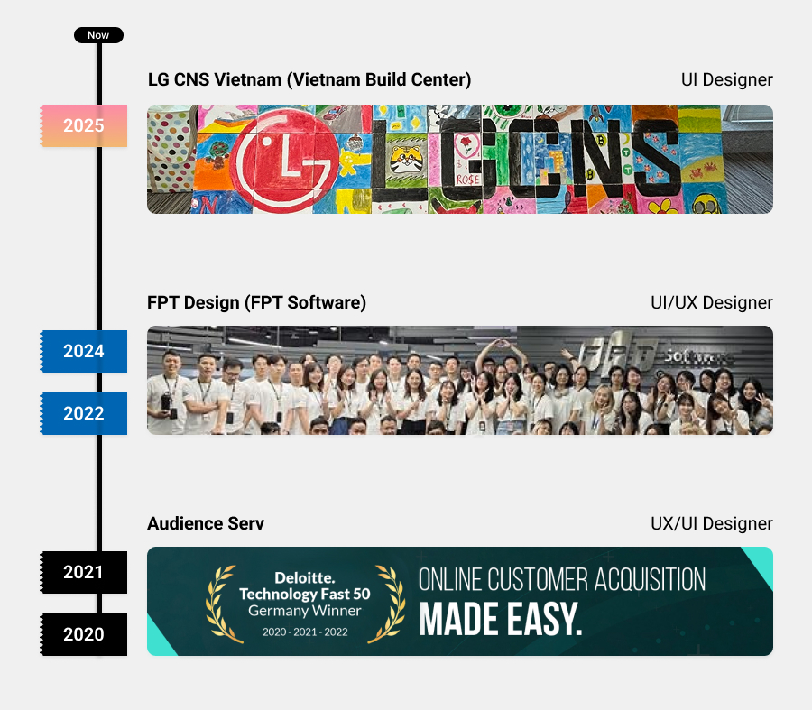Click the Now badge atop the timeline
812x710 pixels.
click(x=98, y=35)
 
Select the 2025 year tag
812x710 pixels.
click(x=84, y=125)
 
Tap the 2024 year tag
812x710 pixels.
click(x=84, y=351)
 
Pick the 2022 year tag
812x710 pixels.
click(x=84, y=413)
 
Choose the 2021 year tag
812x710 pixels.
click(x=84, y=572)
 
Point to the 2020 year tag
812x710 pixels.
click(x=84, y=634)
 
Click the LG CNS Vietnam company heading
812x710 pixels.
click(x=309, y=79)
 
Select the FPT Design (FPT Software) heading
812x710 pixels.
click(x=256, y=302)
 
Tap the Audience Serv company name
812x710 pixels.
click(x=206, y=523)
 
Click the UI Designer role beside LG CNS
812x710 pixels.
click(x=726, y=79)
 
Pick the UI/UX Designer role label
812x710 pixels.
click(x=711, y=302)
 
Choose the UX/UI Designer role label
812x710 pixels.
click(x=711, y=523)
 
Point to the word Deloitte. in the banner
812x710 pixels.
click(x=304, y=576)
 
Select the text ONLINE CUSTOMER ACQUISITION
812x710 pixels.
click(x=561, y=579)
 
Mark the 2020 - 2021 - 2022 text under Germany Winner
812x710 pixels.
click(x=304, y=632)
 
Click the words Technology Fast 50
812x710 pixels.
click(x=304, y=594)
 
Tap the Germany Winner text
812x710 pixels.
click(x=304, y=611)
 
